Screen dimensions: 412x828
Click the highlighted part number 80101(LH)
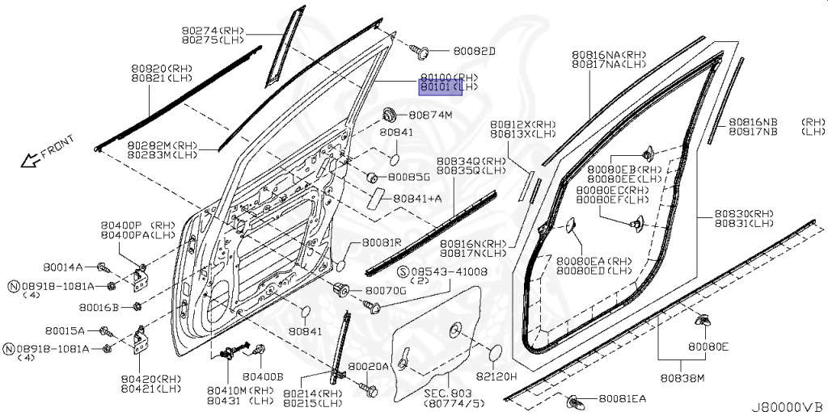(441, 86)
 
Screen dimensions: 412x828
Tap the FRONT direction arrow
(32, 160)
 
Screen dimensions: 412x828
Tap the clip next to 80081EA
(577, 399)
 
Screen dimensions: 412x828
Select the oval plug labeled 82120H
(494, 352)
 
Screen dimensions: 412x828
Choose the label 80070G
(386, 289)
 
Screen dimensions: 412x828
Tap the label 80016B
(99, 307)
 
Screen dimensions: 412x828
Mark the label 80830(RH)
(743, 214)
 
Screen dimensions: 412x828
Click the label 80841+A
(417, 199)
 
